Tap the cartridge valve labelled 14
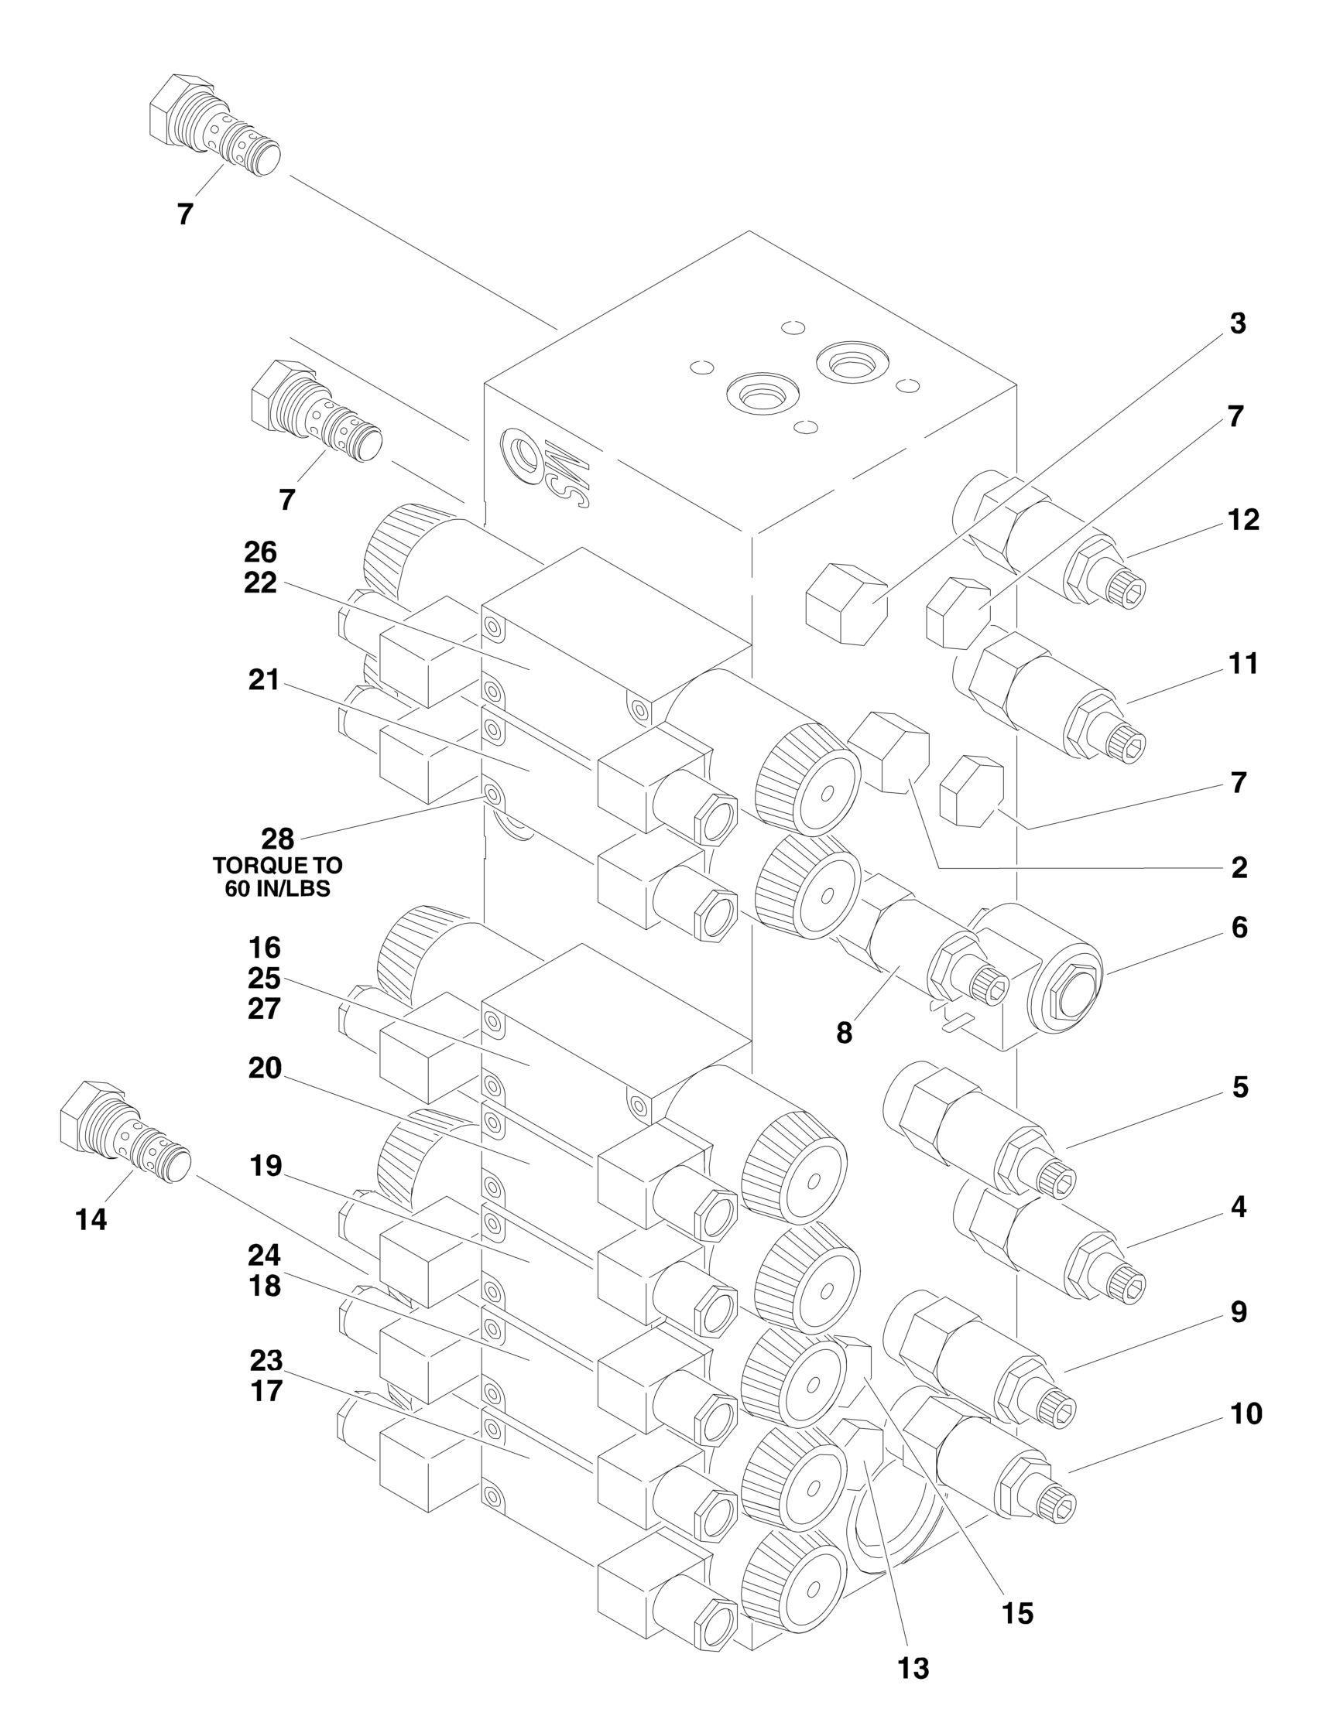[x=125, y=1133]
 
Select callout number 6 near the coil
[x=1239, y=928]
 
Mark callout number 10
[x=1246, y=1413]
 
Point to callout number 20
[x=264, y=1068]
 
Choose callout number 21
[x=264, y=680]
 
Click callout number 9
[x=1239, y=1313]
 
